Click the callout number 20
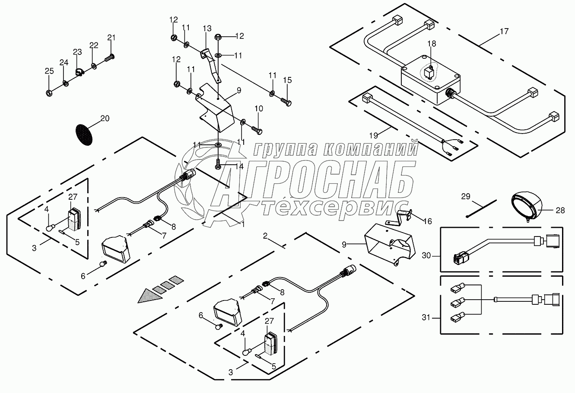105,118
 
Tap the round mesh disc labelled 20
84,134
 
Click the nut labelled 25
49,92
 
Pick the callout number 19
375,134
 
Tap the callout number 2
265,236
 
